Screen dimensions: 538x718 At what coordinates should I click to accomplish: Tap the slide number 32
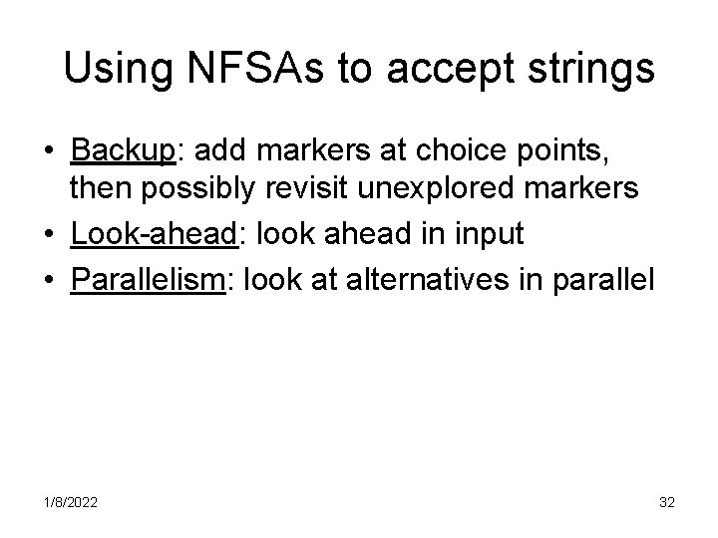click(667, 503)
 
